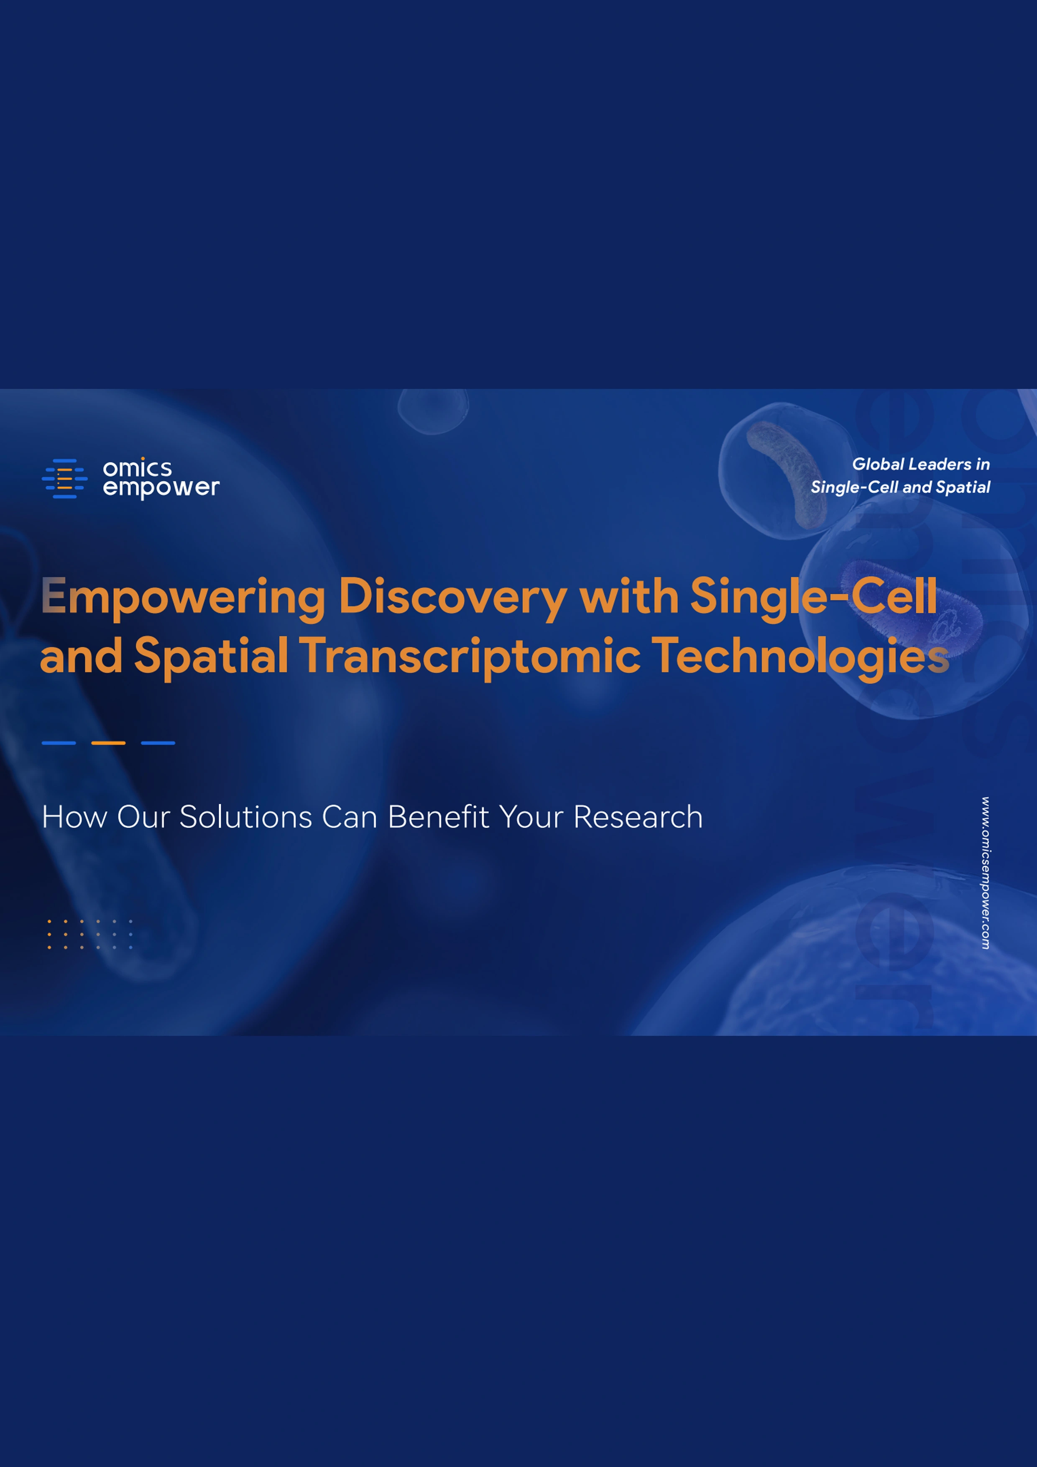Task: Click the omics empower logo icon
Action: (64, 478)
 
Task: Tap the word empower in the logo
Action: (161, 488)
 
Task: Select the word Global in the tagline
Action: (878, 465)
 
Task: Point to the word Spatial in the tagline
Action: (963, 488)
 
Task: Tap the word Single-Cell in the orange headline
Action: (813, 597)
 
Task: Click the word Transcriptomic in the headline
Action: (470, 657)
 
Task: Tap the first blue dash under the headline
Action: (59, 743)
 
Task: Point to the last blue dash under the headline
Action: (158, 743)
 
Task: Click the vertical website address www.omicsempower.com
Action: (986, 873)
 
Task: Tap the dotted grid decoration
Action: (90, 934)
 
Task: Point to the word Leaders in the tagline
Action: (939, 465)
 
